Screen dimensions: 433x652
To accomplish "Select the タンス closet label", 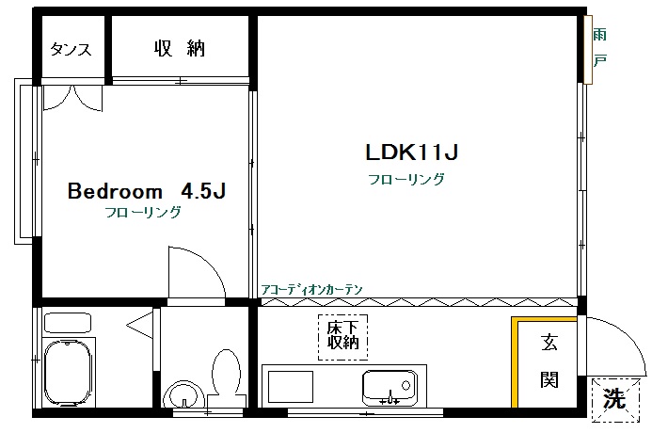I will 72,49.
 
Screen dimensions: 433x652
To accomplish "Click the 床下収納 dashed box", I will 343,334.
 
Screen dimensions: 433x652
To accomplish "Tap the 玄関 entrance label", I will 549,361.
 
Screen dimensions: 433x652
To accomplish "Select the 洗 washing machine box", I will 612,397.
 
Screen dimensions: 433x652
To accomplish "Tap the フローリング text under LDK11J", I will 406,179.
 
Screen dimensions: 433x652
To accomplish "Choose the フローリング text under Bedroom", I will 143,213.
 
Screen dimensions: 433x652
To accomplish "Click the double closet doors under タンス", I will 73,97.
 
